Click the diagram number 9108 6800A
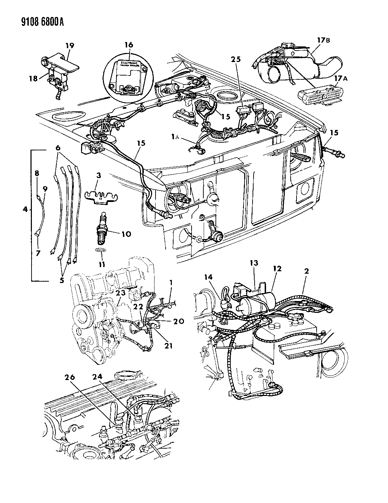[x=34, y=23]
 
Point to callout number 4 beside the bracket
[x=25, y=209]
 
